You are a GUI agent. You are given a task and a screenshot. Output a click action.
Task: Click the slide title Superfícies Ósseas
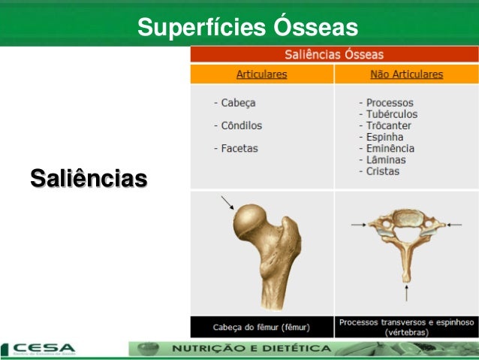click(248, 28)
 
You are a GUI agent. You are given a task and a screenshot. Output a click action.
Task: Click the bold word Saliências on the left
click(89, 180)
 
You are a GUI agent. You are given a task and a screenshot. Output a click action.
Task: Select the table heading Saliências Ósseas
click(333, 55)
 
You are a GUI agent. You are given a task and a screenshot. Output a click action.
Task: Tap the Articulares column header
click(261, 75)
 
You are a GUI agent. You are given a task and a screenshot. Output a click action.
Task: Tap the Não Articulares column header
click(406, 75)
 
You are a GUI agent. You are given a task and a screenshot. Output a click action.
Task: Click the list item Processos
click(390, 103)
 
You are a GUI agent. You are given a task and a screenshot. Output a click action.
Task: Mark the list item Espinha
click(384, 137)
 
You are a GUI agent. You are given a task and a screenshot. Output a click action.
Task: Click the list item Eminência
click(390, 148)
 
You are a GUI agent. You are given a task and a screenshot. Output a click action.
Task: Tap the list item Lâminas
click(386, 159)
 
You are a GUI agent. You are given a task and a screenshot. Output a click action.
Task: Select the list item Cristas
click(383, 171)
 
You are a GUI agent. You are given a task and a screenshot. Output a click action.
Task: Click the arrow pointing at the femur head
click(227, 202)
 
